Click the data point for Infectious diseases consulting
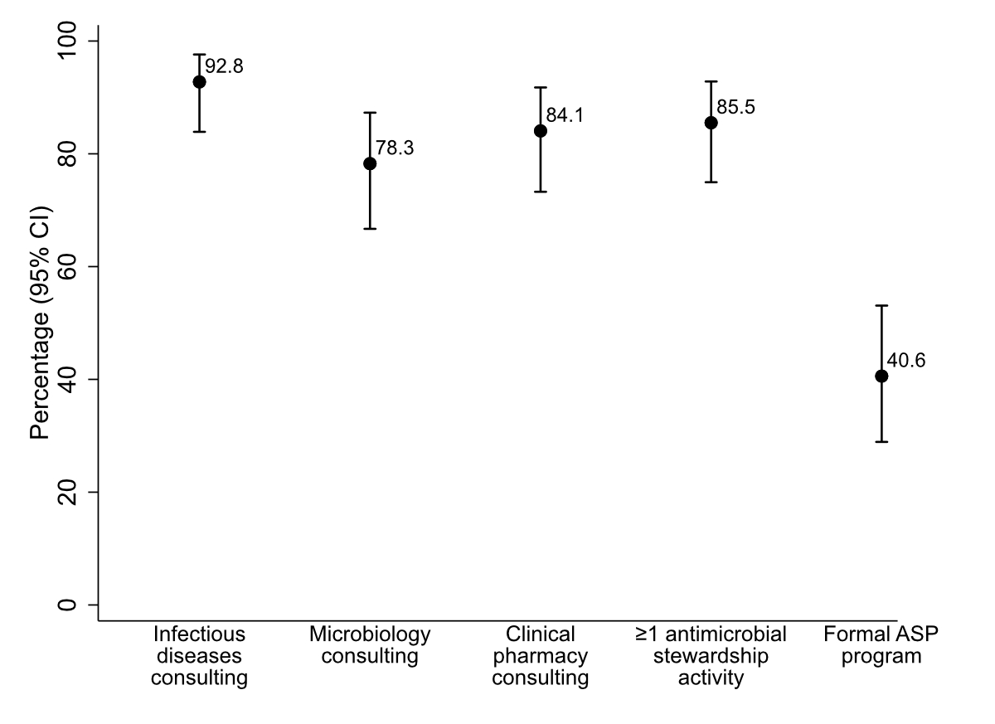[199, 81]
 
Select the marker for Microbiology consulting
[370, 163]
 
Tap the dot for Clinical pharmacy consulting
[541, 130]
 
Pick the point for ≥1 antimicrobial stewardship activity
[711, 123]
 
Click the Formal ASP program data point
[881, 376]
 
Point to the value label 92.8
[224, 67]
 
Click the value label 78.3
[395, 148]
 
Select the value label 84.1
[565, 116]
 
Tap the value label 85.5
[735, 108]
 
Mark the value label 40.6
[906, 361]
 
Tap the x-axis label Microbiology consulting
[370, 646]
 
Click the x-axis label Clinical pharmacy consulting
[541, 657]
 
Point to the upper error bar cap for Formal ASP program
[881, 306]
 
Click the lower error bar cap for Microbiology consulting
[370, 228]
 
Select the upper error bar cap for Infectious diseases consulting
[199, 54]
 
